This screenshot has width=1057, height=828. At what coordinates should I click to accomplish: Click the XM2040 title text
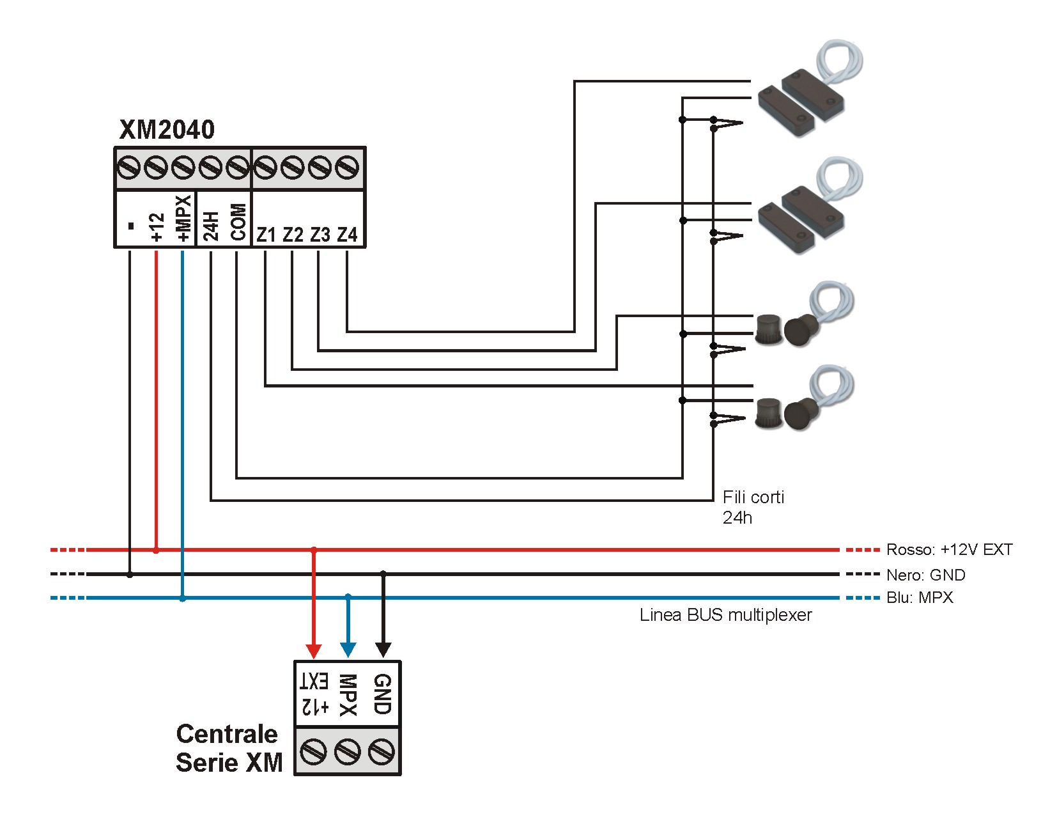click(x=167, y=130)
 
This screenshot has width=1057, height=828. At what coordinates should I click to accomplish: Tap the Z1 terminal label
click(x=266, y=235)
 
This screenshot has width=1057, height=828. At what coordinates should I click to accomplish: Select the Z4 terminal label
click(x=347, y=235)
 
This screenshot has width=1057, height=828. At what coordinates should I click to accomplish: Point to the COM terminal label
click(x=238, y=222)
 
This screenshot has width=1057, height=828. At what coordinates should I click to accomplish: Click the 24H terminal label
click(x=211, y=226)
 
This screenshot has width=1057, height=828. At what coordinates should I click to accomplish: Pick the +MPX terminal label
click(x=183, y=219)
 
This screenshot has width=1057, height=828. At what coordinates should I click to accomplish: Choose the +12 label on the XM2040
click(x=157, y=228)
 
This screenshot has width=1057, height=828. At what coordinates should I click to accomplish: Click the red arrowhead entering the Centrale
click(x=313, y=650)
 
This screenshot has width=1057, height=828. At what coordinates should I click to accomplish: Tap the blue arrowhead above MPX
click(x=348, y=650)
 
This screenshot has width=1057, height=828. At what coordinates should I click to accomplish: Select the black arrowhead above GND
click(x=383, y=650)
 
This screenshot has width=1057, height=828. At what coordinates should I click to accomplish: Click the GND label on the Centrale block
click(x=382, y=694)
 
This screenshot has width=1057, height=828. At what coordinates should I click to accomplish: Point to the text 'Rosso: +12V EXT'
click(x=949, y=550)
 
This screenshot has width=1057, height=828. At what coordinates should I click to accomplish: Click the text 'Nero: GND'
click(x=925, y=575)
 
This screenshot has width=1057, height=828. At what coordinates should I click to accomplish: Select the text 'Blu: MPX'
click(x=920, y=598)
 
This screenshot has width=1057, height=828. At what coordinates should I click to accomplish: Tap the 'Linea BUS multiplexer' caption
click(x=725, y=615)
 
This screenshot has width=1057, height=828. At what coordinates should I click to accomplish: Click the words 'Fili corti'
click(x=753, y=497)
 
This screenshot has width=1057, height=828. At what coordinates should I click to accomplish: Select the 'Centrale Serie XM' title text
click(x=228, y=748)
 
